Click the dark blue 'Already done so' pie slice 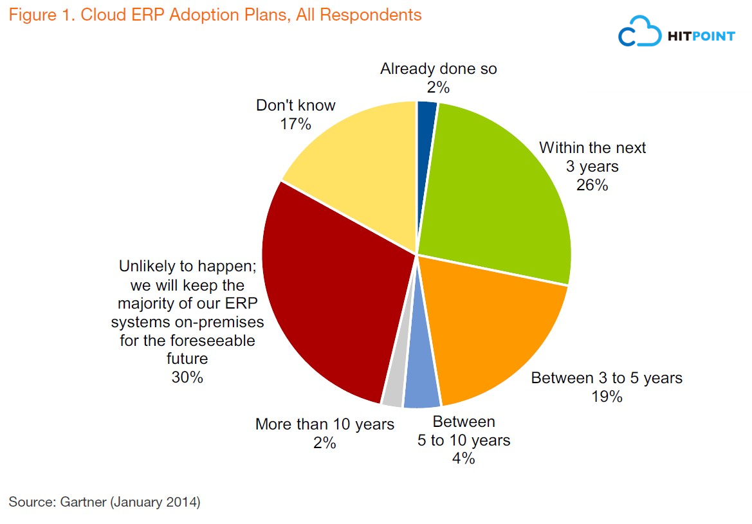point(426,129)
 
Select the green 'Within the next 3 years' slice point(495,193)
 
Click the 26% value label point(592,185)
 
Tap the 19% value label point(607,397)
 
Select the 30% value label point(187,377)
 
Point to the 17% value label point(295,123)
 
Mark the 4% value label point(464,458)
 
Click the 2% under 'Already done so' point(439,87)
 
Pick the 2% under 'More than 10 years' point(325,443)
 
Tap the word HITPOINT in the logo point(702,37)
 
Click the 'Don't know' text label point(295,105)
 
